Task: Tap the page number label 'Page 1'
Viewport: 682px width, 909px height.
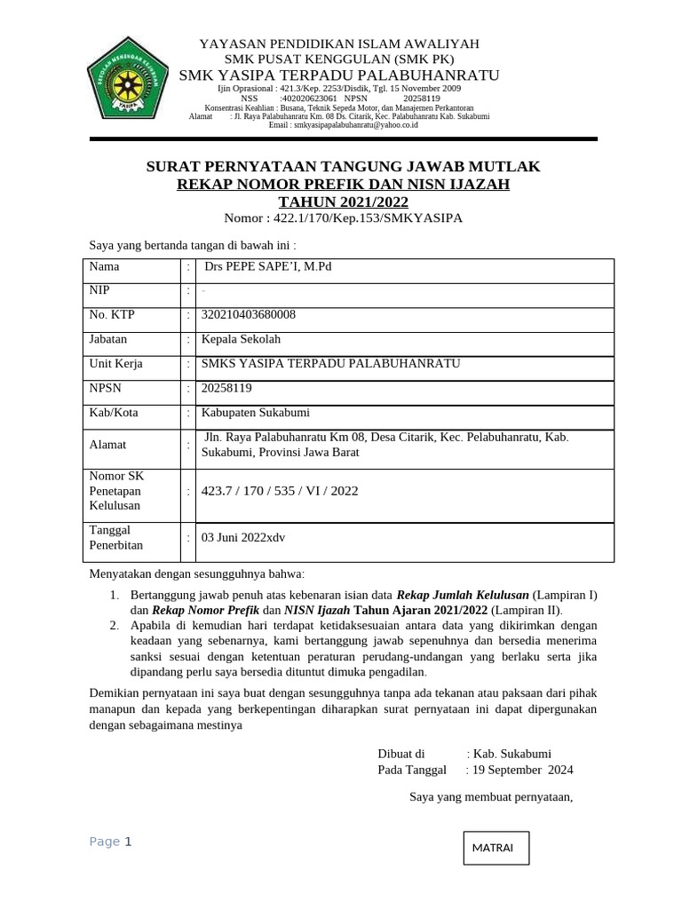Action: click(110, 842)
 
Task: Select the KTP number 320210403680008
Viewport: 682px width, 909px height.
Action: click(249, 315)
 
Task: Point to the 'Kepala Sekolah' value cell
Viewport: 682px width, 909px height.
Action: click(241, 339)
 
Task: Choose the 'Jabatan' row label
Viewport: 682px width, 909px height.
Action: click(108, 339)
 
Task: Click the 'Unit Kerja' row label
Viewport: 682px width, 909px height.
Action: click(115, 364)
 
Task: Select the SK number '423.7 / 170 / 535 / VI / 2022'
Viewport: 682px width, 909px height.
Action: click(280, 491)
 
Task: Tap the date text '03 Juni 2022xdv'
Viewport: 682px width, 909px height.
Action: click(243, 538)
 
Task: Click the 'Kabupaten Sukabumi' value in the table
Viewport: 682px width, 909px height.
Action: click(256, 413)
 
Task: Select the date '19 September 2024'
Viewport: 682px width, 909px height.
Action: click(523, 770)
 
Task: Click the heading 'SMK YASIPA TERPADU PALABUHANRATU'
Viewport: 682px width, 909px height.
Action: click(339, 75)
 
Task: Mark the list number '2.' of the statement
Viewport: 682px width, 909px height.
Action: click(115, 626)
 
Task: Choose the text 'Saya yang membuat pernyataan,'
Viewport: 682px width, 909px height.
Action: click(491, 796)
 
